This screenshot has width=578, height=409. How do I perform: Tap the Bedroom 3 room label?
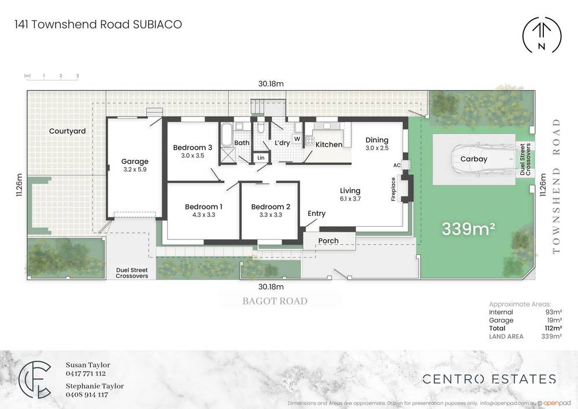click(192, 148)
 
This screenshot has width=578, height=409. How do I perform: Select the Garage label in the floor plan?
click(135, 161)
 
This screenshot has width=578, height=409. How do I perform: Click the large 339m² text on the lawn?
click(468, 229)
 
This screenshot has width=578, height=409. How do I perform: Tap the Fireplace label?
click(394, 189)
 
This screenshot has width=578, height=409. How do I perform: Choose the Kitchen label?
click(328, 145)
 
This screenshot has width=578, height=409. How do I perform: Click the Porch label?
click(328, 241)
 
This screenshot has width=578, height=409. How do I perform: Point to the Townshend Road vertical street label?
click(557, 186)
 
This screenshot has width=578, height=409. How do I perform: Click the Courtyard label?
click(67, 131)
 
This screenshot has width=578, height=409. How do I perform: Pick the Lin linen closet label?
click(261, 157)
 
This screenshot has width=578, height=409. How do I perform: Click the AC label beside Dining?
click(397, 165)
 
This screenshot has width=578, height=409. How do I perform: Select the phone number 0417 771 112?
click(87, 374)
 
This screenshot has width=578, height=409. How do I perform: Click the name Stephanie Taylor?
click(94, 386)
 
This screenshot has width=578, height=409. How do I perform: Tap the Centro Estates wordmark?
click(489, 379)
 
